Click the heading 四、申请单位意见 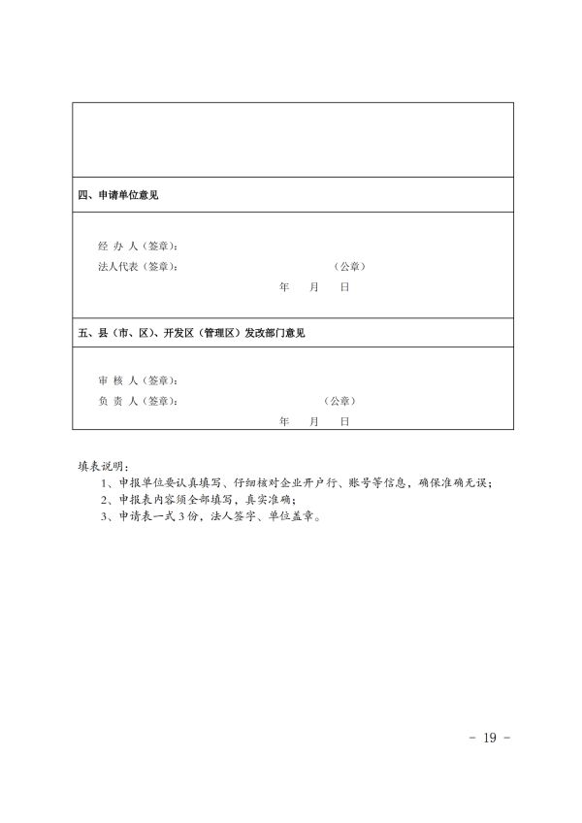coord(118,195)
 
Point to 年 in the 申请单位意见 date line coord(284,288)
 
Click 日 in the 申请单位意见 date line coord(343,288)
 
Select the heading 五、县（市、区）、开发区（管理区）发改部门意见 coord(191,333)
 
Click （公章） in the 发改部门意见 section coord(340,401)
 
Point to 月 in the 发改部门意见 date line coord(314,422)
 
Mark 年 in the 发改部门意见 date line coord(284,422)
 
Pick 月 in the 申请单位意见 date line coord(314,288)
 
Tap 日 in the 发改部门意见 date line coord(343,422)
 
